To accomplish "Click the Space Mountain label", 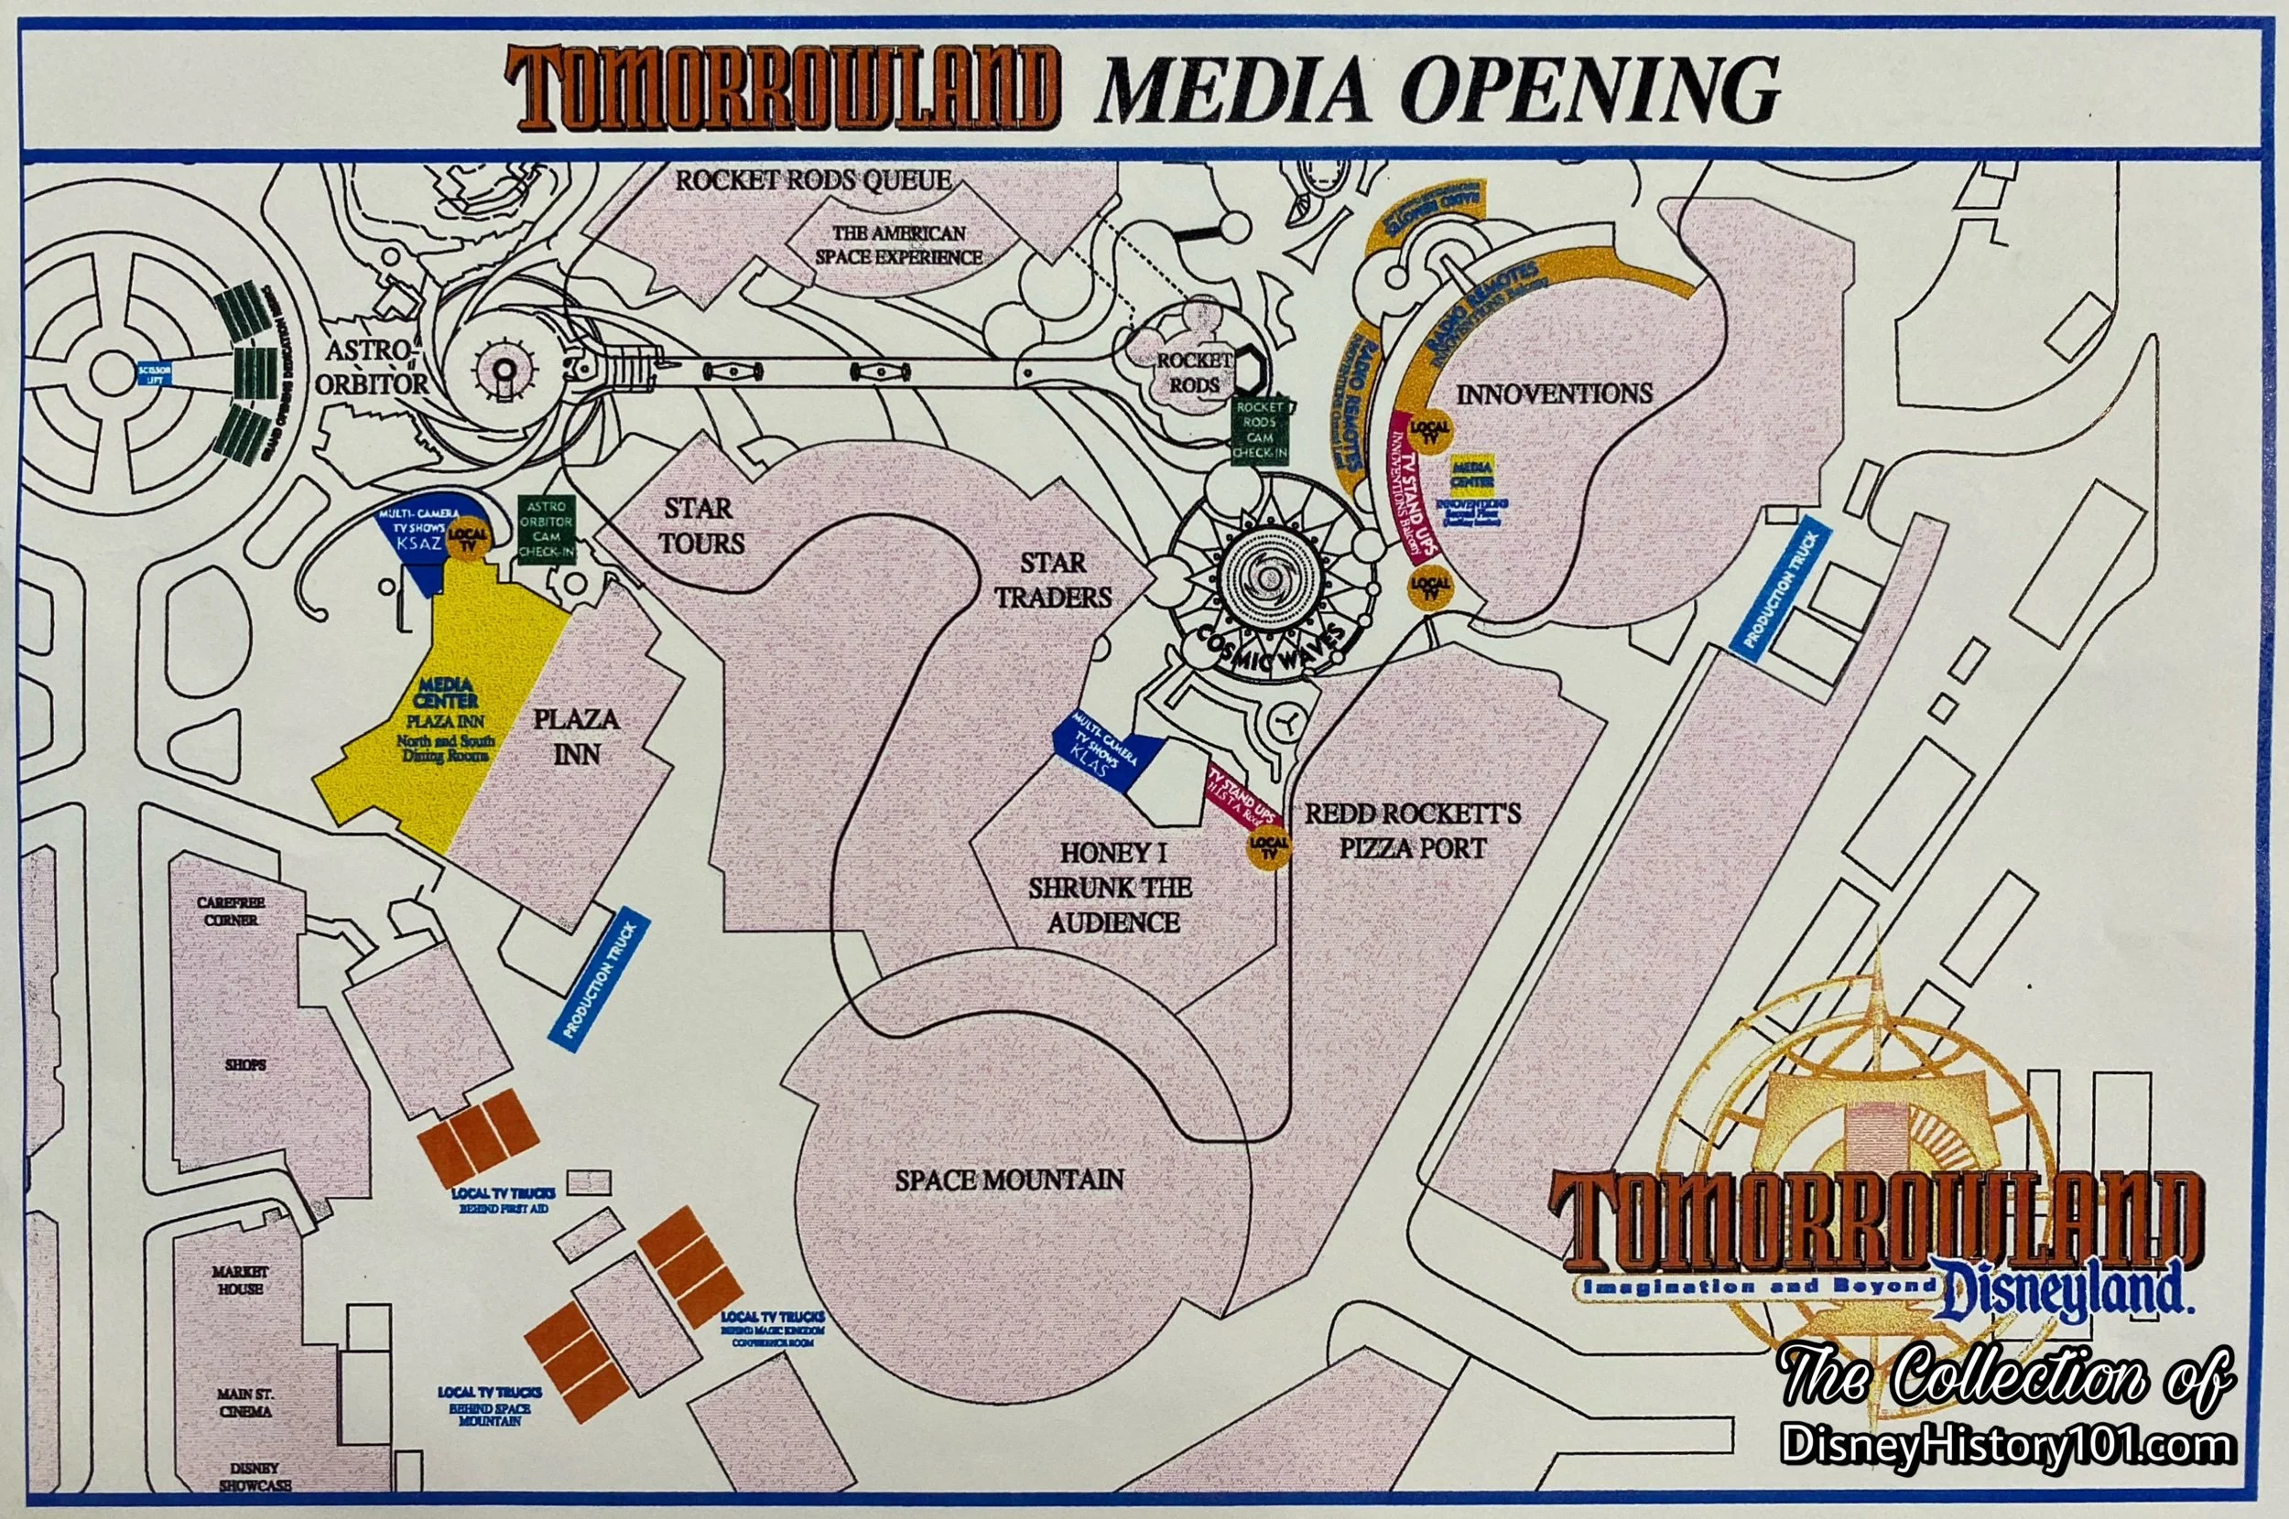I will [x=1009, y=1180].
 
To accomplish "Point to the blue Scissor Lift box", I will [x=155, y=375].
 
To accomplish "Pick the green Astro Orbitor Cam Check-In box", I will [x=547, y=529].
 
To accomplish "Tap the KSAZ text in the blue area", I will [x=419, y=544].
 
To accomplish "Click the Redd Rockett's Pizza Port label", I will [x=1412, y=830].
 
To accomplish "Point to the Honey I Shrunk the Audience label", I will [x=1112, y=888].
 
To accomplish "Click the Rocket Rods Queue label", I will [x=813, y=180].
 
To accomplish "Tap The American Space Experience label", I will [x=898, y=245].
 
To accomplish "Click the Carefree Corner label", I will [x=231, y=910].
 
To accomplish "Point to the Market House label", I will [x=239, y=1278].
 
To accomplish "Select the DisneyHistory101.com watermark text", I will [x=2008, y=1472].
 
